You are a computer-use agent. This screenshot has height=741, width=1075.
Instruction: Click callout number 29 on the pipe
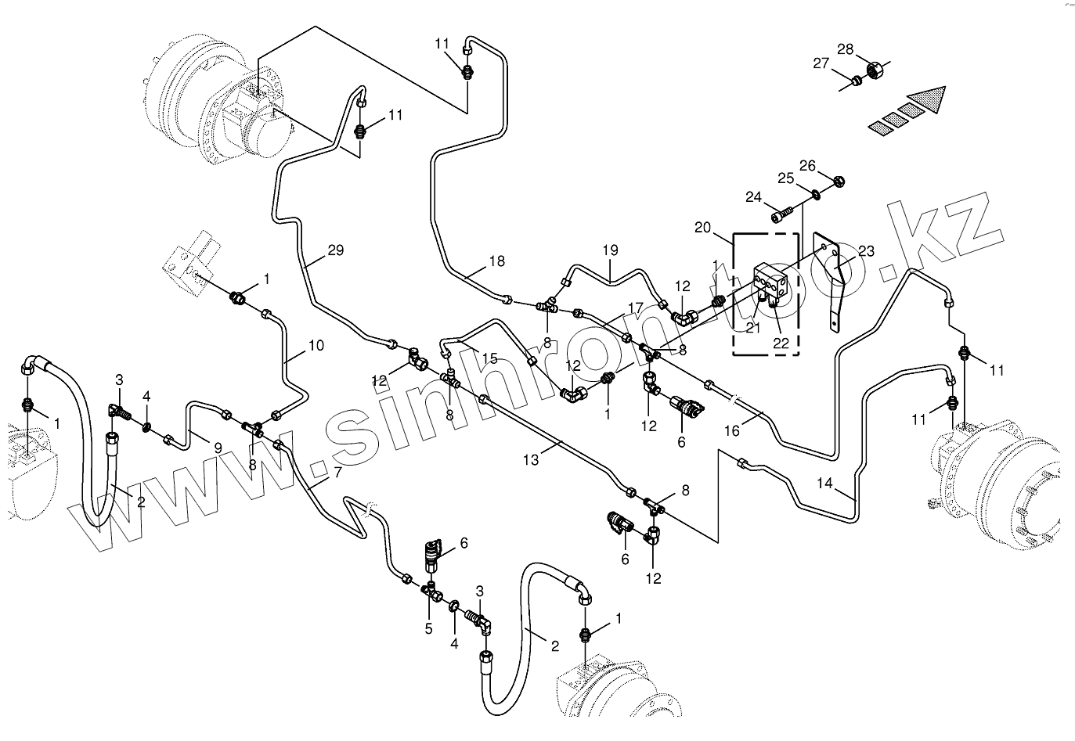(335, 251)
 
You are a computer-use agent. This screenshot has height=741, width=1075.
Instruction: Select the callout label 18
(497, 261)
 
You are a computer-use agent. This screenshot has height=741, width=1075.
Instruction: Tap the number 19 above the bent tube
(610, 251)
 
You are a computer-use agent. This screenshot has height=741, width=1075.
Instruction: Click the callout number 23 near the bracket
(866, 251)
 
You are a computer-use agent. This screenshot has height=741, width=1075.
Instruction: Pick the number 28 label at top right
(845, 50)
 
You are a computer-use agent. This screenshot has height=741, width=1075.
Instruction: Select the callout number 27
(820, 64)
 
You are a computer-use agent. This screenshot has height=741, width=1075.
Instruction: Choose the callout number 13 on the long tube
(531, 460)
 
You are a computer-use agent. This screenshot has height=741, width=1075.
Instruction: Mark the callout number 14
(824, 482)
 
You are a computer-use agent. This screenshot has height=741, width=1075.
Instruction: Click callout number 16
(731, 430)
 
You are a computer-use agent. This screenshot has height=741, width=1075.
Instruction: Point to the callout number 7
(337, 473)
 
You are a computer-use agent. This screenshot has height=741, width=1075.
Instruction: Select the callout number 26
(807, 166)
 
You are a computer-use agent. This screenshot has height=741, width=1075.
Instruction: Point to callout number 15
(489, 358)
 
